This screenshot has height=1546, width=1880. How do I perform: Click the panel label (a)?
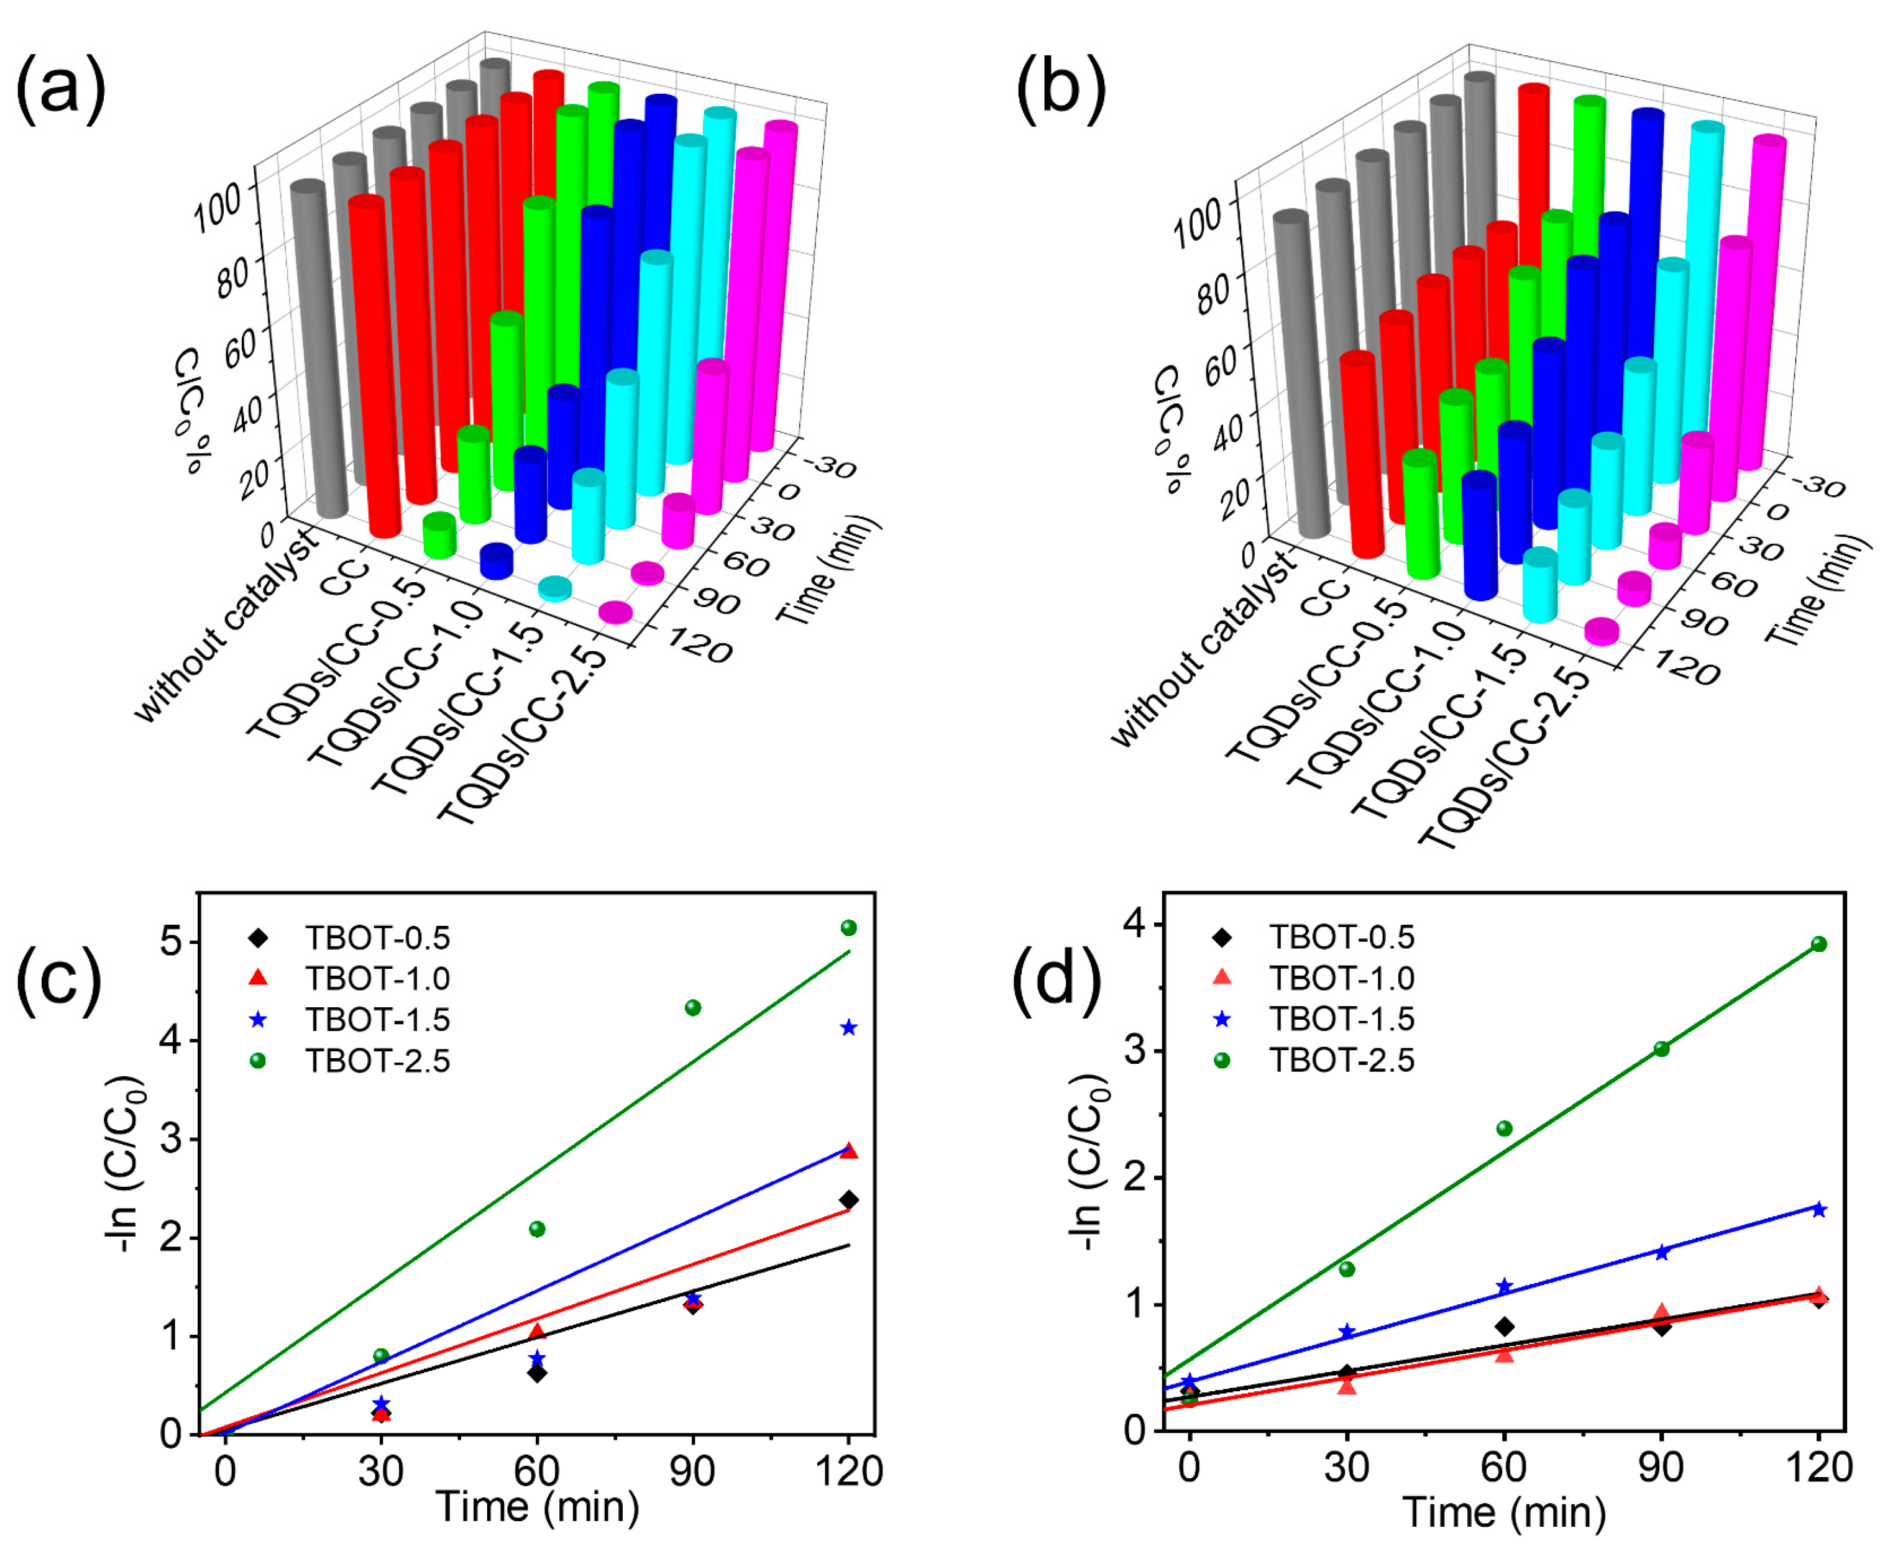click(60, 89)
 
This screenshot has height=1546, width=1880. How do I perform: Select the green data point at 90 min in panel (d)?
click(1661, 1049)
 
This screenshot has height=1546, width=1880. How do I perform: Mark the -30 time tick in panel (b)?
click(1817, 485)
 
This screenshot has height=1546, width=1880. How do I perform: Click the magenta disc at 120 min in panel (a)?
click(615, 612)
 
